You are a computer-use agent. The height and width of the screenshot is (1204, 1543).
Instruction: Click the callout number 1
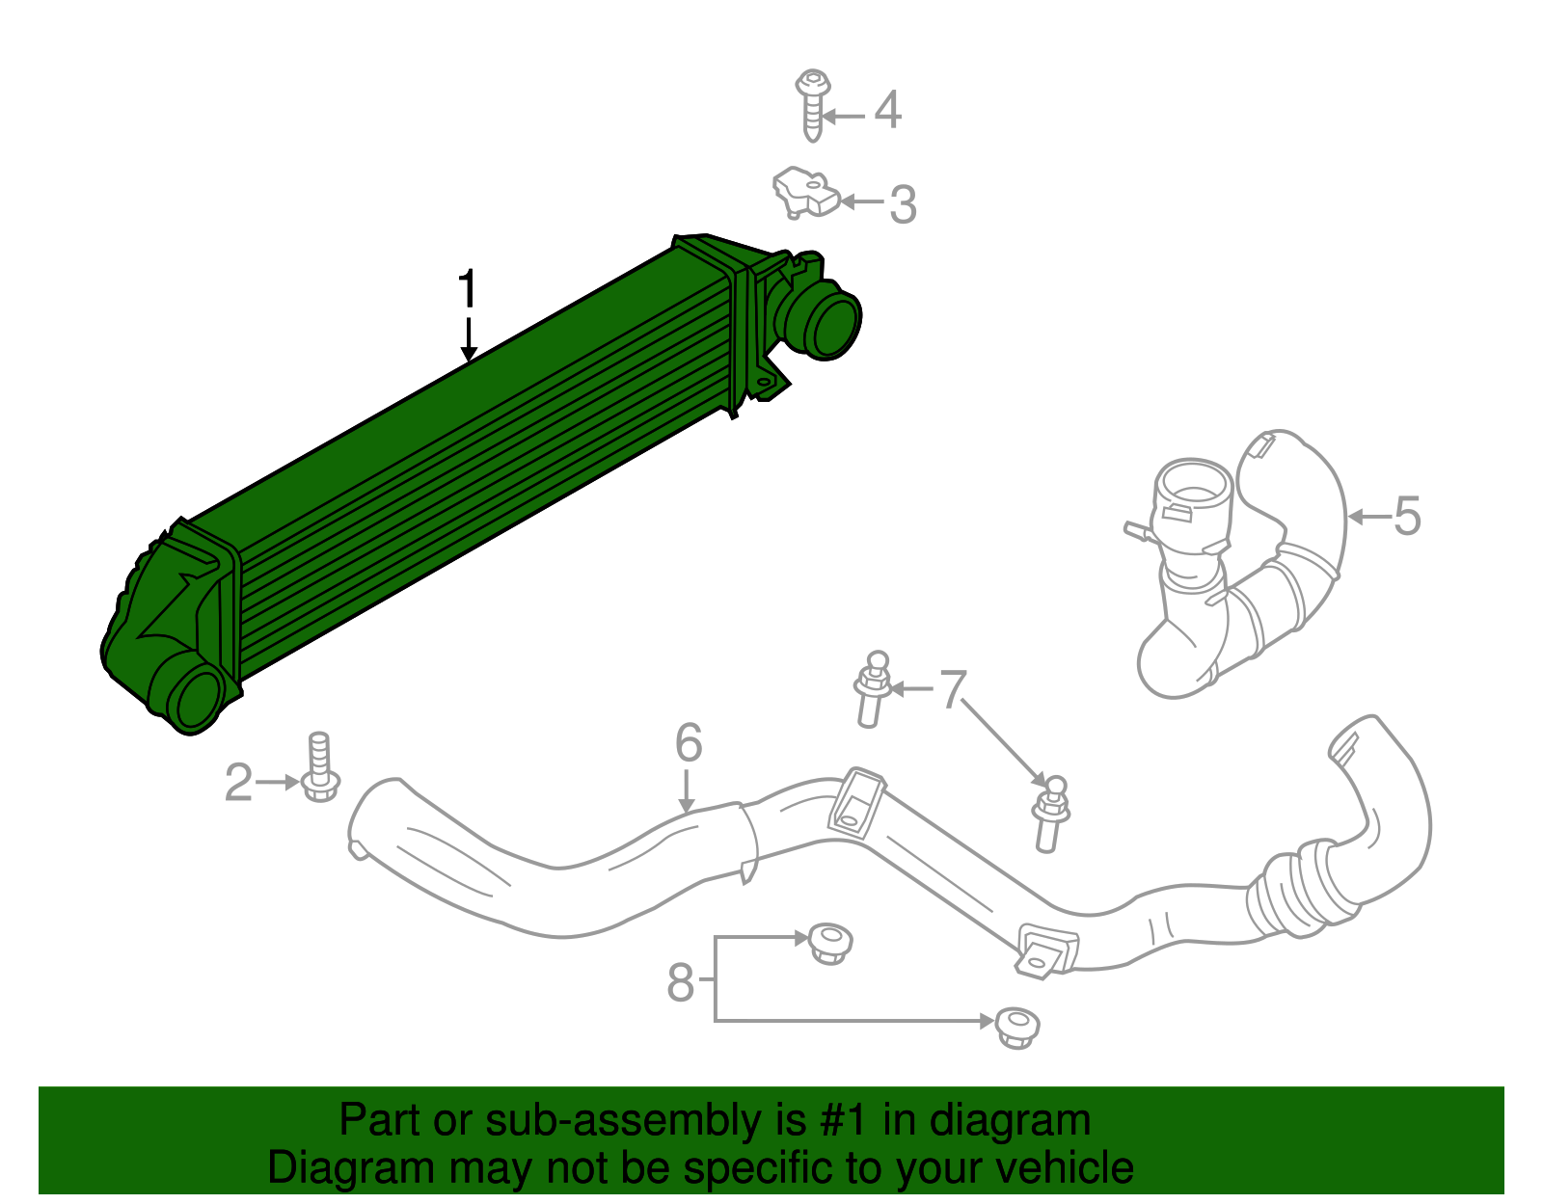click(468, 289)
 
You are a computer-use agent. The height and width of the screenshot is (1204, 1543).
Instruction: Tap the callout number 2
click(238, 783)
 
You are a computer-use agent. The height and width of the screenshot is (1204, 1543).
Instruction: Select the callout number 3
click(903, 204)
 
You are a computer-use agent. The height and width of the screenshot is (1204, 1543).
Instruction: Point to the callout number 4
click(887, 110)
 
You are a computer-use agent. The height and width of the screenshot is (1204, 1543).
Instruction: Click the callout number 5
click(1407, 517)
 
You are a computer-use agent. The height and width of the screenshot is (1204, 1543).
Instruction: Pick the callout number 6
click(689, 743)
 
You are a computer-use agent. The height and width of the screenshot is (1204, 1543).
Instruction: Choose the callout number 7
click(953, 689)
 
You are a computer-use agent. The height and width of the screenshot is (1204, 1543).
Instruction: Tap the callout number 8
click(681, 983)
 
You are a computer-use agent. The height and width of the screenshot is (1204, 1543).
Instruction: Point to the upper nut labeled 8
click(829, 942)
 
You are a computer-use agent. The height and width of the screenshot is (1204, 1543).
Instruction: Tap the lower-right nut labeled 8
click(1016, 1027)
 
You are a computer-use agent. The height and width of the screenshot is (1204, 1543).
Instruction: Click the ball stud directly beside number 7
click(872, 688)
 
